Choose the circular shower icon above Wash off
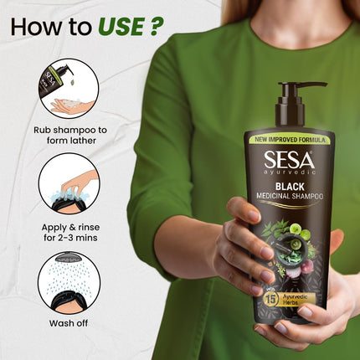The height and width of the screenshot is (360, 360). click(68, 284)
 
